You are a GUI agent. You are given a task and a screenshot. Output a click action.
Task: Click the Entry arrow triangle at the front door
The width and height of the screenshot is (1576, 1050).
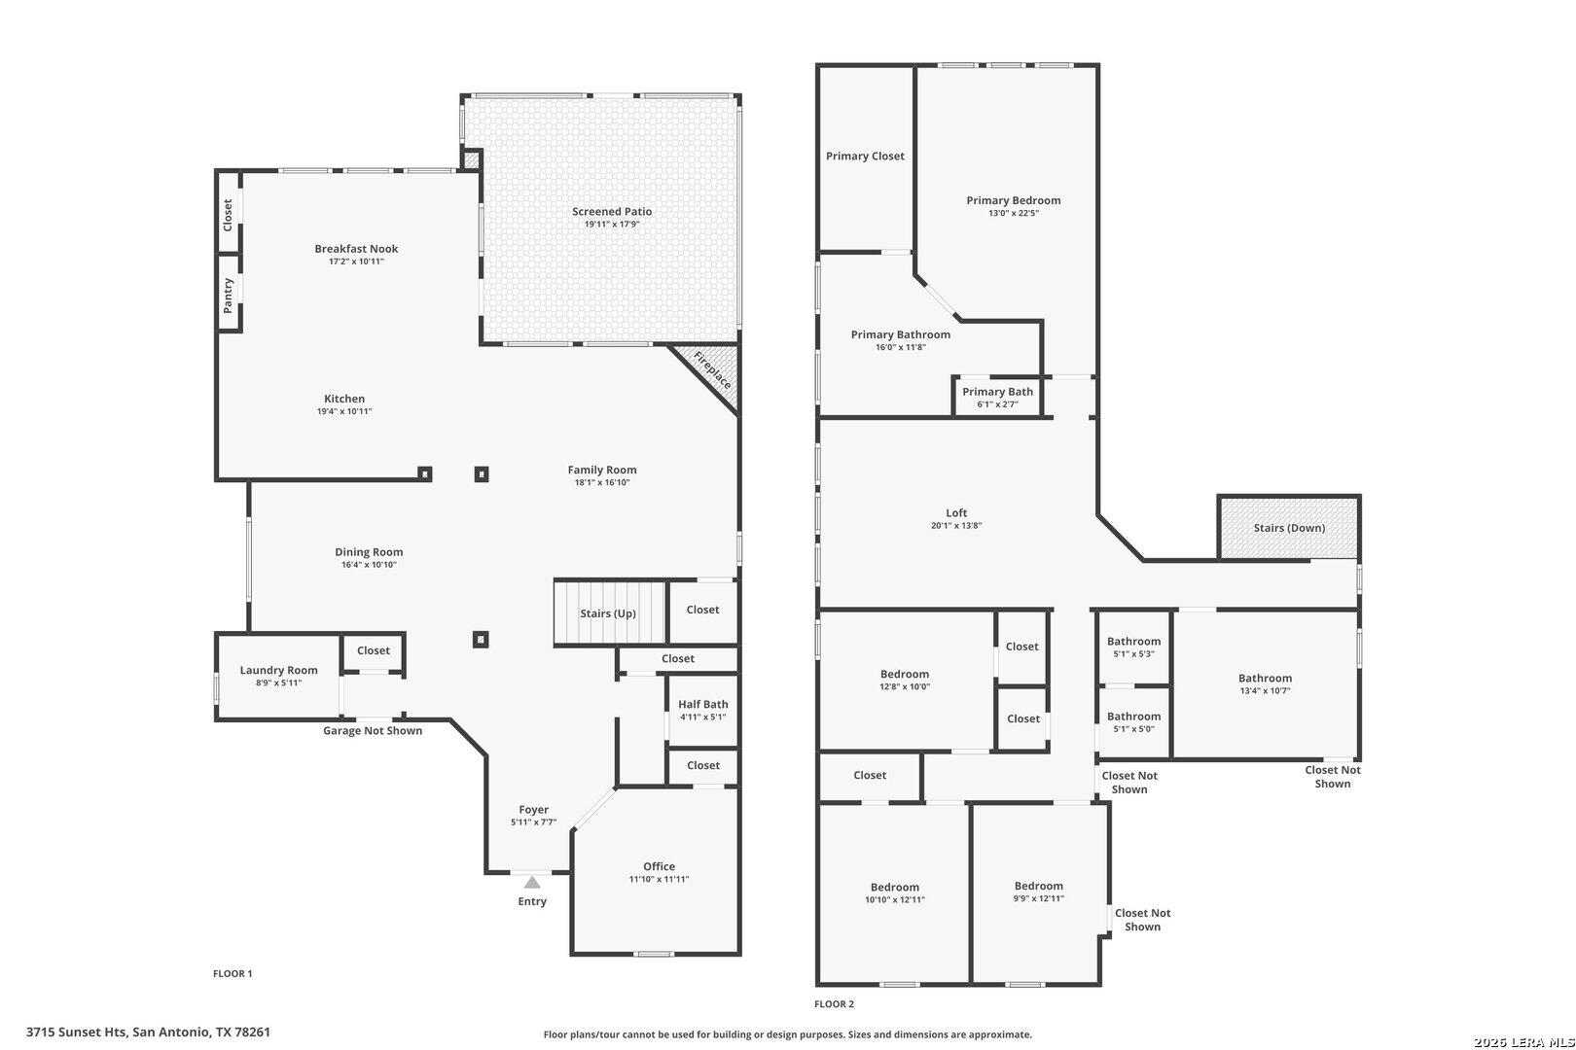pos(532,883)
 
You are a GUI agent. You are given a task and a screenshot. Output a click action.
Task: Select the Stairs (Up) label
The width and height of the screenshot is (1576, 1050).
pos(608,613)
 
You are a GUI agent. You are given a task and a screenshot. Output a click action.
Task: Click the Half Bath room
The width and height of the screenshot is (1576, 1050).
pos(702,711)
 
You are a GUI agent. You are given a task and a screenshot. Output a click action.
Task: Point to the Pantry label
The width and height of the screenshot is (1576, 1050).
pos(228,296)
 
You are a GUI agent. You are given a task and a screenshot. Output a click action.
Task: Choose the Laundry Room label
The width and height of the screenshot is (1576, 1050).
pos(278,670)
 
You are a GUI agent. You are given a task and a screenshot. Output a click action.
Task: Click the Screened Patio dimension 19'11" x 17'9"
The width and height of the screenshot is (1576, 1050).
pos(612,225)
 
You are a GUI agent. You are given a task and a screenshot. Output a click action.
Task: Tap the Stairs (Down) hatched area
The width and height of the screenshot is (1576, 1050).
pos(1289,528)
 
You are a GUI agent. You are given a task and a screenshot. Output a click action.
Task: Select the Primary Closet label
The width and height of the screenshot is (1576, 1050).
pos(866,157)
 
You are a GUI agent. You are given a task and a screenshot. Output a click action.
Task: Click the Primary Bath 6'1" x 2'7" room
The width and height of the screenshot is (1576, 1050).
pos(998,397)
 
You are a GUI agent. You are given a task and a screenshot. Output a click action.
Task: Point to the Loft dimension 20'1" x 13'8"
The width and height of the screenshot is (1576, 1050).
pos(956,525)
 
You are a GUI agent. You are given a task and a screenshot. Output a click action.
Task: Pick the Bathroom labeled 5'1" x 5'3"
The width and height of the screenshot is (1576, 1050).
pos(1134,647)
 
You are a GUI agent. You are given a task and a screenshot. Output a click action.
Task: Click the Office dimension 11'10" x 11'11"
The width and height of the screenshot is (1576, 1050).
pos(660,879)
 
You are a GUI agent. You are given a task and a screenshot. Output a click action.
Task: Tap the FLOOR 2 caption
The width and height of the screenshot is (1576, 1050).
pos(835,1004)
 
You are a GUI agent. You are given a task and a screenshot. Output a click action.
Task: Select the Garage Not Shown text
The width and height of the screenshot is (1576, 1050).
pos(373,731)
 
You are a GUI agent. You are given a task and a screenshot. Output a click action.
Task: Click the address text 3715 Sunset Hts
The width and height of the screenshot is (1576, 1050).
pos(77,1032)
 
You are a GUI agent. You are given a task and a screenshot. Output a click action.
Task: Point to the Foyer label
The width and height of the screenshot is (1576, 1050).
pos(534,810)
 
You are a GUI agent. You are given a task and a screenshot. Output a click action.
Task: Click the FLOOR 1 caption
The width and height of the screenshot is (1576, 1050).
pos(233,974)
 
